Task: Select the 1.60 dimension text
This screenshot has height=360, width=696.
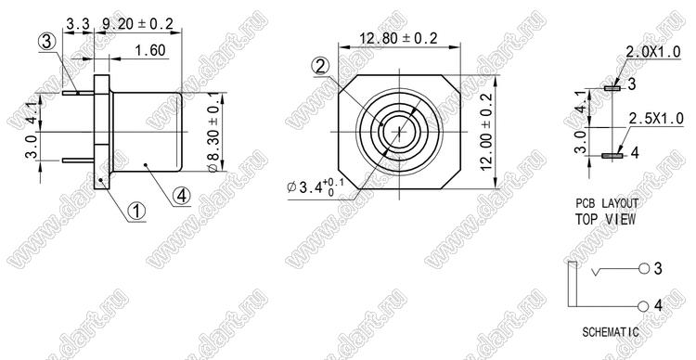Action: coord(150,50)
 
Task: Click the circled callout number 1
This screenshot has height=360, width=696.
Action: coord(136,212)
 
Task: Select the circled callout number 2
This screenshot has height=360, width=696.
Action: coord(320,67)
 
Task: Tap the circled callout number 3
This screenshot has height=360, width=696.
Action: coord(47,43)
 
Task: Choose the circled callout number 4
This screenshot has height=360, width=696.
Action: coord(182,196)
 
